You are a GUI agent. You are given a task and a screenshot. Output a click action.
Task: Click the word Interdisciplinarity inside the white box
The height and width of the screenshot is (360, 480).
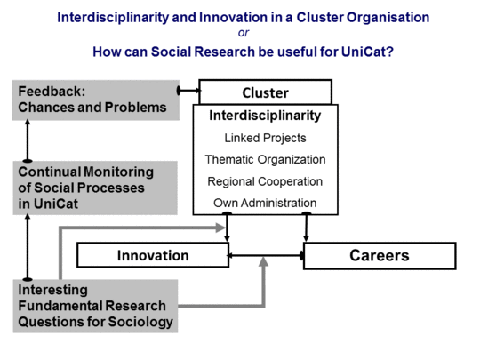coord(265,116)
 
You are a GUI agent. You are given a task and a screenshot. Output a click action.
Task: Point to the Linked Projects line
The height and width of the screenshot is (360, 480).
coord(265,138)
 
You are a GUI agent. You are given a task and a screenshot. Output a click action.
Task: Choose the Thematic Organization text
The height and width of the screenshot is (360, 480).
coord(265,160)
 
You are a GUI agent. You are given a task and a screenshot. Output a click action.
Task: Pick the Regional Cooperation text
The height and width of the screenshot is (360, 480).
coord(265,181)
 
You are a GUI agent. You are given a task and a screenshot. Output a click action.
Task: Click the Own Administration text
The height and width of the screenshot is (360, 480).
coord(265,203)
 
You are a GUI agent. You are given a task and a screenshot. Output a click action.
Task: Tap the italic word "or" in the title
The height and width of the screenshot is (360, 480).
coord(244,33)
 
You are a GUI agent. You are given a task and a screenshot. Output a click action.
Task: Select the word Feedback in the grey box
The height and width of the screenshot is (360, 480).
coord(52,92)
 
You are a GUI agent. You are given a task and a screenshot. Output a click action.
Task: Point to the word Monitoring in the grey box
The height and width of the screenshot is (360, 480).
coord(119,172)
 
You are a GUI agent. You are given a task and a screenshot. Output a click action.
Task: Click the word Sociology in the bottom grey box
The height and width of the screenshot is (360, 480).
coord(140,322)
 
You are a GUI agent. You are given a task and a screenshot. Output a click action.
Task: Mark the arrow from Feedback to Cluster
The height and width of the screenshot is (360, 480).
coord(189,91)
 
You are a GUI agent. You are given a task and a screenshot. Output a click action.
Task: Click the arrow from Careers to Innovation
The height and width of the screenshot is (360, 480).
coord(266,255)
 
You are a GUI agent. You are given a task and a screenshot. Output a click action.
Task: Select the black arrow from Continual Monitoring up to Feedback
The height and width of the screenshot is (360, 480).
coord(28,140)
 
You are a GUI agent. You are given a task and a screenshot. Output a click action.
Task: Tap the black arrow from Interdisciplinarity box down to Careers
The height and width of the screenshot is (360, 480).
coord(306,227)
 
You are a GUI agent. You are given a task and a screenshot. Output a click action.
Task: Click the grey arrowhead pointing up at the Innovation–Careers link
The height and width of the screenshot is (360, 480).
coord(264,261)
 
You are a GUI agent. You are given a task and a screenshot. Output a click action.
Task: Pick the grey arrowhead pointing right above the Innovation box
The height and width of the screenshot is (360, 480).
coord(220,228)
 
